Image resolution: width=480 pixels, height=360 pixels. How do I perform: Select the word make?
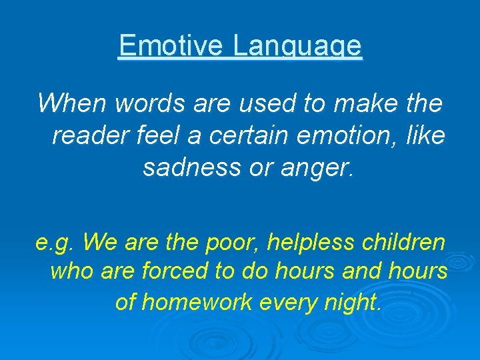click(x=360, y=103)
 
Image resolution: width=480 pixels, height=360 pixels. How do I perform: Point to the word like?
click(x=424, y=136)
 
